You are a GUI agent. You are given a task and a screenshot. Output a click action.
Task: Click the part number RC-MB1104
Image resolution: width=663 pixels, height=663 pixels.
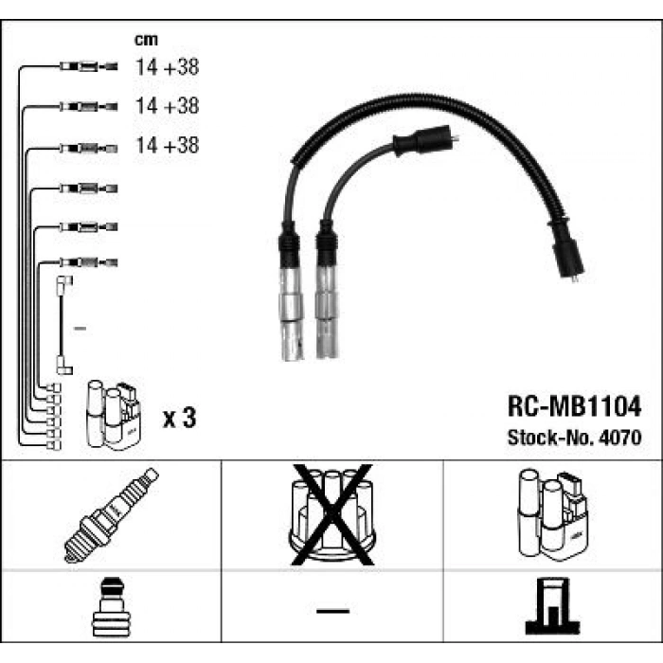[574, 406]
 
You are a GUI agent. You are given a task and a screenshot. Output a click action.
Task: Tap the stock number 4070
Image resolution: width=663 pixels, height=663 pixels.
[620, 438]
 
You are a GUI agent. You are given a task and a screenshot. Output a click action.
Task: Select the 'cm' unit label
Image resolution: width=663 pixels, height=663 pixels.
[146, 40]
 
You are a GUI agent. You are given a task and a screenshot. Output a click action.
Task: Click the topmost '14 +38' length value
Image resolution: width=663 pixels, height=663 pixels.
[167, 67]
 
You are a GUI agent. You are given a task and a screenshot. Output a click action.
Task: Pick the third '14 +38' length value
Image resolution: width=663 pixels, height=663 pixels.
[167, 145]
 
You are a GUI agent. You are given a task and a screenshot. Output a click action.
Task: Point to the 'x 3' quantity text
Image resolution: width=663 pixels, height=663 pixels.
[180, 418]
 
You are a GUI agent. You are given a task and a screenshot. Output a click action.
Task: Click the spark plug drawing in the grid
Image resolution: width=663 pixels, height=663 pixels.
[111, 515]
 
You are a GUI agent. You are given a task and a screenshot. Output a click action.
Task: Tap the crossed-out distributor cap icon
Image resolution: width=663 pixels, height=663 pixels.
[332, 514]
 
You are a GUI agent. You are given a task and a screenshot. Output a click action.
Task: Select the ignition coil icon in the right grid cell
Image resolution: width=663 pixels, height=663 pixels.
[552, 514]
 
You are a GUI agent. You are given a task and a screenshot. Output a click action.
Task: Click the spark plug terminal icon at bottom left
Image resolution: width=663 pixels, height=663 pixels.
[111, 607]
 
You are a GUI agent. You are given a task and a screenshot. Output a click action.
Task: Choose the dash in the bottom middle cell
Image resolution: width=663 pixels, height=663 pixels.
[332, 611]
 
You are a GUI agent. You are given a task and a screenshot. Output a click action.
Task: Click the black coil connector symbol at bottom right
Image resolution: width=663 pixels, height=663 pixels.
[552, 606]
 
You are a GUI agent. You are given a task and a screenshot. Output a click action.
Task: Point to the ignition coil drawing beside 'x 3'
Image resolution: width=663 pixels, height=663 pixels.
[114, 415]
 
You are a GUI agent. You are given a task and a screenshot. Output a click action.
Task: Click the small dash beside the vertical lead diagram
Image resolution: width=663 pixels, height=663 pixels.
[80, 328]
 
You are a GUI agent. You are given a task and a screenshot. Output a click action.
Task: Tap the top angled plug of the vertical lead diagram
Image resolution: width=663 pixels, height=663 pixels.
[64, 281]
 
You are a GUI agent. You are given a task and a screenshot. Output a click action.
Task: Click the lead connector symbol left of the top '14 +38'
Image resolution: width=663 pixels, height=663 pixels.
[88, 66]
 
